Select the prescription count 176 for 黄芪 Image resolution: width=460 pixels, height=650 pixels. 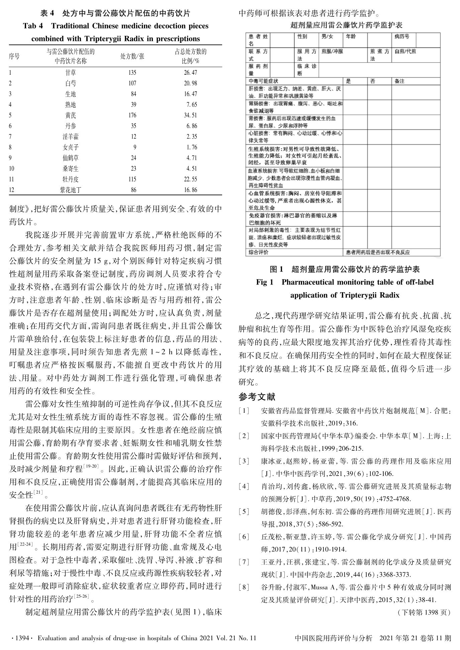click(x=132, y=115)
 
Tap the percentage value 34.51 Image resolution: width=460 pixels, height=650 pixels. click(x=190, y=115)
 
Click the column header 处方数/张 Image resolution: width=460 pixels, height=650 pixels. click(x=132, y=56)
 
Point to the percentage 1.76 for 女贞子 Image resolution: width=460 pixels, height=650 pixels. click(x=192, y=147)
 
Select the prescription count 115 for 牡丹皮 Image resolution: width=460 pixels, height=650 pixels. click(x=132, y=179)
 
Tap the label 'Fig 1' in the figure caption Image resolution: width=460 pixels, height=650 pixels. click(x=265, y=282)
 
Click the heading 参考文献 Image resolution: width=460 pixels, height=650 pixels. click(x=257, y=397)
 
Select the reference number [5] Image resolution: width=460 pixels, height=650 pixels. click(x=244, y=512)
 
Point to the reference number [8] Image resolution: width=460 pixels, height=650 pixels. click(x=244, y=587)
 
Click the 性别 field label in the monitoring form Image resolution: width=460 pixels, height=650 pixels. click(x=302, y=37)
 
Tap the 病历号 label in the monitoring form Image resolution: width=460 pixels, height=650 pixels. click(x=401, y=37)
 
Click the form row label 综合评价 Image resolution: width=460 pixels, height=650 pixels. click(x=258, y=252)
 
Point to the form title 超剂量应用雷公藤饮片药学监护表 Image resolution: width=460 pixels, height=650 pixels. click(x=346, y=25)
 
